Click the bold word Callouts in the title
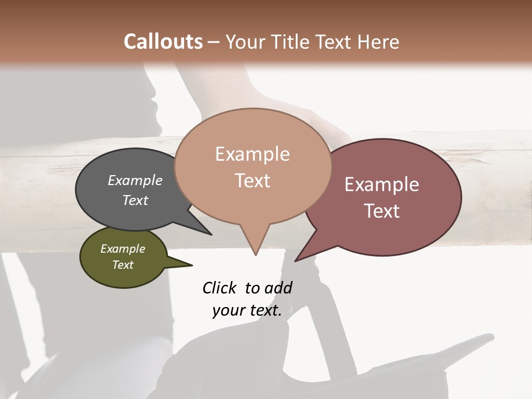(x=163, y=42)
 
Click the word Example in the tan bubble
(x=252, y=154)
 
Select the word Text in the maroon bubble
(x=382, y=211)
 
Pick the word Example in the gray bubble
(x=135, y=181)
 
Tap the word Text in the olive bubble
(x=123, y=265)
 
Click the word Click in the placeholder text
(x=219, y=288)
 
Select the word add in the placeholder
(x=278, y=288)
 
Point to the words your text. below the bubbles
(x=247, y=310)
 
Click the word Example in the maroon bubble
(x=382, y=185)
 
